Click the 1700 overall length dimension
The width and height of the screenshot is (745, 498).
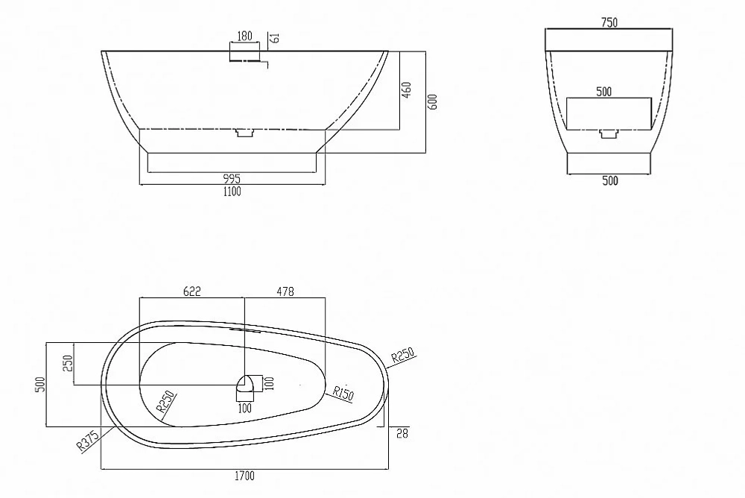click(244, 476)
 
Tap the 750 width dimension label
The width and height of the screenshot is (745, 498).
click(609, 22)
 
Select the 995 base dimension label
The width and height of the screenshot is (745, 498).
click(232, 179)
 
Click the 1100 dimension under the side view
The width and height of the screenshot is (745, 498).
click(232, 191)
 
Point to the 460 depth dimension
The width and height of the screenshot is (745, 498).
click(407, 90)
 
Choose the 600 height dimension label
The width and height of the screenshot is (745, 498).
click(432, 102)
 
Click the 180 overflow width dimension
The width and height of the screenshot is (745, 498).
click(244, 36)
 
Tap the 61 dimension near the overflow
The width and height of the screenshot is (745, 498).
click(275, 37)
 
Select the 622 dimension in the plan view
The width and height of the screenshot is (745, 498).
click(192, 291)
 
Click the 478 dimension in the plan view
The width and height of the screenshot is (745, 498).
click(285, 291)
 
